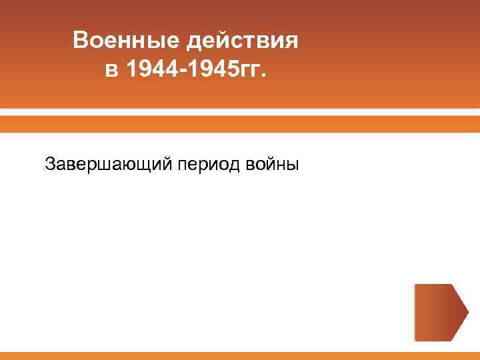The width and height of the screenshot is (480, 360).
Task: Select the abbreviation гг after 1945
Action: pos(249,71)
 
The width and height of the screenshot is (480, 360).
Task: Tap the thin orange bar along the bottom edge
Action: pos(240,355)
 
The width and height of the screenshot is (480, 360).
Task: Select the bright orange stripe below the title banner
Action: pos(240,124)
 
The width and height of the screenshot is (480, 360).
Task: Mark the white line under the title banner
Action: pos(240,111)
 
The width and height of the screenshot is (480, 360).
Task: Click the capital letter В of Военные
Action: pos(81,41)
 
